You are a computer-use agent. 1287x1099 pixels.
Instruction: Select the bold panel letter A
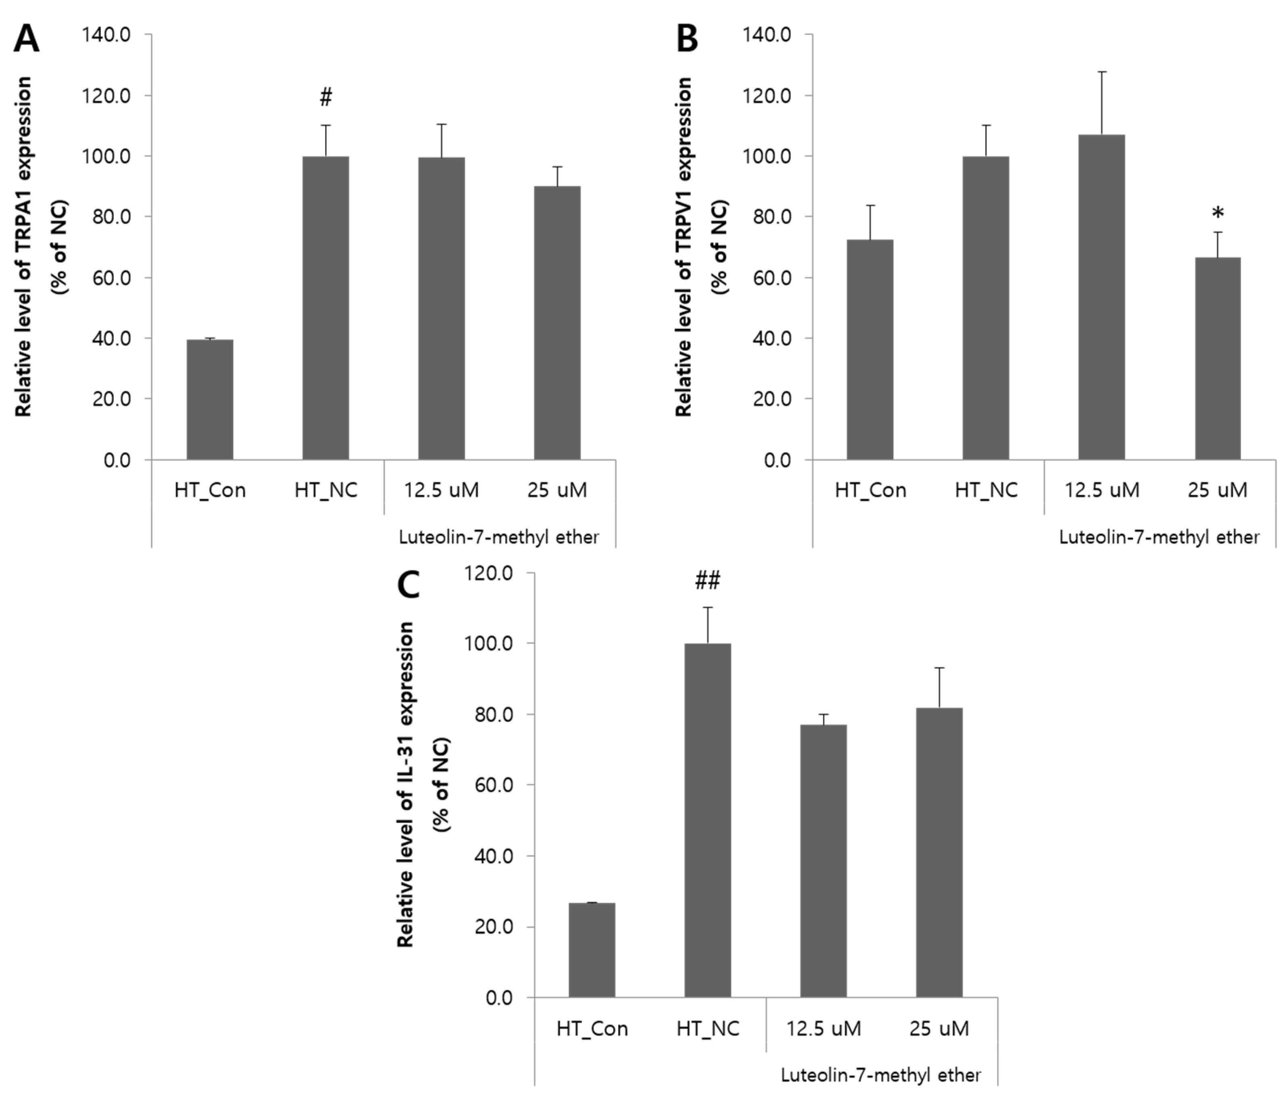(26, 40)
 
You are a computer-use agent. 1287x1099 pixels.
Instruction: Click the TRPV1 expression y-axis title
(683, 247)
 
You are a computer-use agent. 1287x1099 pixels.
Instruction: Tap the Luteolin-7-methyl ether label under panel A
(499, 537)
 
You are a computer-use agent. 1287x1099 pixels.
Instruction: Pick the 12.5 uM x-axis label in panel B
(1101, 490)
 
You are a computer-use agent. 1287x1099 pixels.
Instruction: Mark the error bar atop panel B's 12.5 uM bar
(1101, 103)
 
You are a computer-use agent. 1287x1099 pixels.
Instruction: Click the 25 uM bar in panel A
(557, 323)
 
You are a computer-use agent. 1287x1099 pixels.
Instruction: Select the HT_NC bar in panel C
(708, 820)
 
